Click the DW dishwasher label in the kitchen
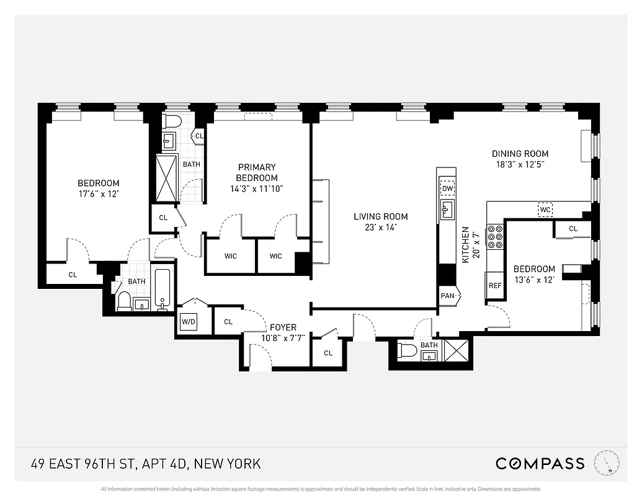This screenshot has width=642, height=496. pos(447,188)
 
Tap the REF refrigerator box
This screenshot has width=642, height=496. pos(494,286)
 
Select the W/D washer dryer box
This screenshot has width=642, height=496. pos(189,322)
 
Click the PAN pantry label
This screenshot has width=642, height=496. pos(447,296)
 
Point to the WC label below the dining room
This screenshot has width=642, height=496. pos(545,210)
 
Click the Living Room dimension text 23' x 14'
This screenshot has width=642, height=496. pos(381,227)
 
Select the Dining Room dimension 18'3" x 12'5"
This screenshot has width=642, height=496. pos(520,164)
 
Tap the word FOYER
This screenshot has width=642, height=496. pos(283,327)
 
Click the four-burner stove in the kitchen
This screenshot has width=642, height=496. pos(495,236)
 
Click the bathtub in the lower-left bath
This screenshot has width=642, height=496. pos(163,289)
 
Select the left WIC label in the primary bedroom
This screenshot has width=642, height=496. pos(230,256)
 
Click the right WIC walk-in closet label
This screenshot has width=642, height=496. pos(275,256)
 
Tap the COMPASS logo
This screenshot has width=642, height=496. pos(540,463)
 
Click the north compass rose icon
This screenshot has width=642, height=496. pos(607,463)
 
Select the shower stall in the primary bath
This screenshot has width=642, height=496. pos(166,178)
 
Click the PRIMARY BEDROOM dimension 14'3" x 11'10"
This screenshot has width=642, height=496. pos(257,188)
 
